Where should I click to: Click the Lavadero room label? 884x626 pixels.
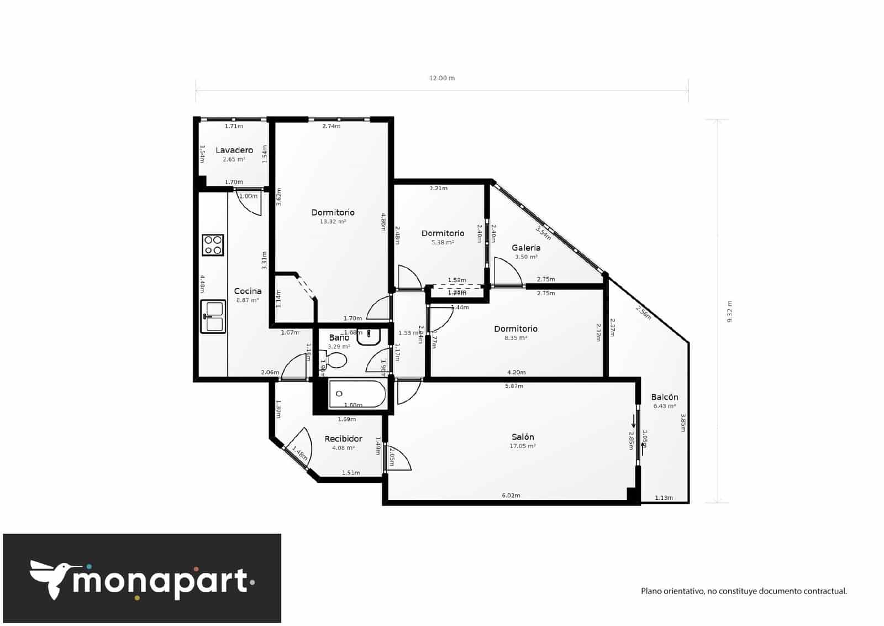[234, 150]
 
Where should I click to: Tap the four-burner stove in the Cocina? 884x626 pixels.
[213, 245]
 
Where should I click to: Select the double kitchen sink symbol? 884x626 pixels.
[213, 317]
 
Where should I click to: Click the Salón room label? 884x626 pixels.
[522, 437]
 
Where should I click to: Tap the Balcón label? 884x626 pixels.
[664, 397]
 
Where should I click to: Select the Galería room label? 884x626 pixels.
[525, 248]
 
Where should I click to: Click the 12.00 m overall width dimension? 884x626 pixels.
[442, 78]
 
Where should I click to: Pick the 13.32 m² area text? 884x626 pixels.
[333, 222]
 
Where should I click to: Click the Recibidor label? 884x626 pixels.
[343, 439]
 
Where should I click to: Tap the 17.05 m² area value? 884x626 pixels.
[522, 446]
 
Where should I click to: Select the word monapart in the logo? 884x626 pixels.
[160, 582]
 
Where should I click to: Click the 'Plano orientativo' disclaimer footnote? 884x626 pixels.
[744, 591]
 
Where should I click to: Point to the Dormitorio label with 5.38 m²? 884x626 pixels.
[443, 233]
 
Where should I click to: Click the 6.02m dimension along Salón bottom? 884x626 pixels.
[511, 495]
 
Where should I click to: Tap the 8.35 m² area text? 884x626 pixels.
[515, 338]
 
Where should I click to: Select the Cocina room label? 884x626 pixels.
[248, 291]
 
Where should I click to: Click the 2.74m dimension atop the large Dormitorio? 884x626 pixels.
[331, 126]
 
